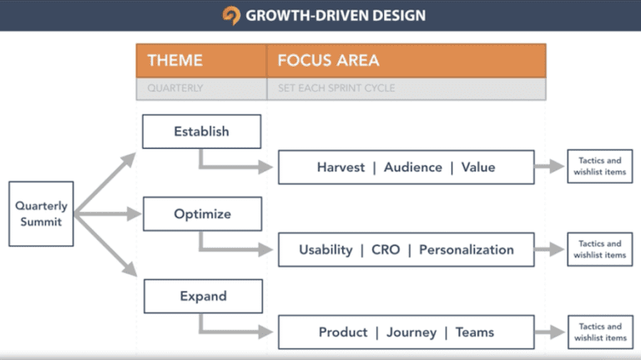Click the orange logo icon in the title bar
[231, 15]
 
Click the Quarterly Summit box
[41, 214]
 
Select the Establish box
[201, 131]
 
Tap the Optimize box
[202, 214]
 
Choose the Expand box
[203, 296]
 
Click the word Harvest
[341, 167]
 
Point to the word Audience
[412, 167]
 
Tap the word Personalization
[466, 250]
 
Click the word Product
[342, 332]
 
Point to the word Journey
[411, 332]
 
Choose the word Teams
[474, 332]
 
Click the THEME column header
[176, 60]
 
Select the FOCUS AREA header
[328, 60]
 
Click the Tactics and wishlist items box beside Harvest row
[599, 167]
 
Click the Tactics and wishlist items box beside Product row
[599, 332]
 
